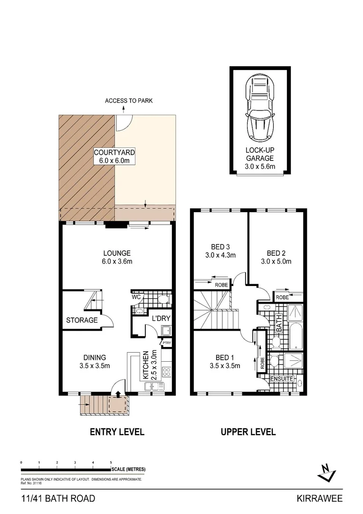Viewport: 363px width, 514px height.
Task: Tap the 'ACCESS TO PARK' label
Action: click(x=128, y=101)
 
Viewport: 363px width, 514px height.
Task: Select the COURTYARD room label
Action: click(x=115, y=157)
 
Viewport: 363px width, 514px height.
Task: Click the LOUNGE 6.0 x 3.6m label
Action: click(x=116, y=257)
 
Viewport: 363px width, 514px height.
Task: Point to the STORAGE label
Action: click(x=82, y=320)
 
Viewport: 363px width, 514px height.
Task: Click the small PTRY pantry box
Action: click(x=167, y=342)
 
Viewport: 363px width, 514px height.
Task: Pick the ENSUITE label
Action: click(x=281, y=379)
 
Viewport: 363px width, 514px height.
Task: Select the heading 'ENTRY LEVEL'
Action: click(x=117, y=432)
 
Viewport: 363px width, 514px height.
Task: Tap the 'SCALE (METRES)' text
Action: click(x=128, y=469)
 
